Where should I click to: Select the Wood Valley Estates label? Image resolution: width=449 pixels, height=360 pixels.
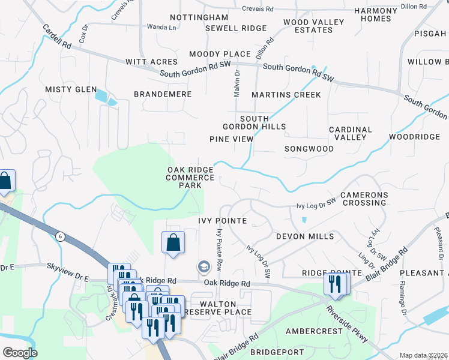coord(313,26)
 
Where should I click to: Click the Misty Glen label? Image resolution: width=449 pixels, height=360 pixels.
coord(71,89)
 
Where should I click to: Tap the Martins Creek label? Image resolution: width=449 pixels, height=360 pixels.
coord(286,95)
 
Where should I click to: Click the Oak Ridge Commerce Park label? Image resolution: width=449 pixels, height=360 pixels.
coord(190,178)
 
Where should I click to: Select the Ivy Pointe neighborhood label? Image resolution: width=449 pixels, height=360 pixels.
coord(223,221)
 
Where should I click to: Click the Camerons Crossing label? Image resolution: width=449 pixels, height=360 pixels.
coord(364,199)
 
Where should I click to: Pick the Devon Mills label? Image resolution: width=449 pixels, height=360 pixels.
coord(304,236)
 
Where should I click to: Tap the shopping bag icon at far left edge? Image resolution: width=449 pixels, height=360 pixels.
coord(5,181)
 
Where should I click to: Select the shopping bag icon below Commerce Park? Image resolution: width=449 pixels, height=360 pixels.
coord(173,243)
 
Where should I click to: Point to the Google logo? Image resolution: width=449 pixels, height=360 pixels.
coord(20,353)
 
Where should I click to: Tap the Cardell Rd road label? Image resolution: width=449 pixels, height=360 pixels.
coord(57,37)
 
